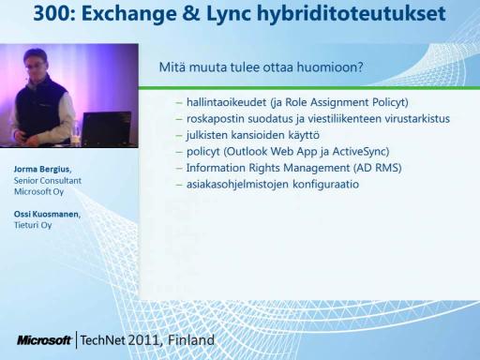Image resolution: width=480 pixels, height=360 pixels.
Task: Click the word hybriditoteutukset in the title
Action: [352, 15]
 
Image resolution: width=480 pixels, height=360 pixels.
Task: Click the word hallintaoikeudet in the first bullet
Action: [226, 102]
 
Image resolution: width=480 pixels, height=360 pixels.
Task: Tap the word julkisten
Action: [207, 135]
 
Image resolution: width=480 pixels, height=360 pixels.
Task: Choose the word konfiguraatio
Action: [325, 185]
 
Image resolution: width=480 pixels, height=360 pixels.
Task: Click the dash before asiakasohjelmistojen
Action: [179, 185]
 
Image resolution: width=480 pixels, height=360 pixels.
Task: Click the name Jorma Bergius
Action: [42, 170]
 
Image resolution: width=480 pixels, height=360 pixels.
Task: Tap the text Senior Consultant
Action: [48, 181]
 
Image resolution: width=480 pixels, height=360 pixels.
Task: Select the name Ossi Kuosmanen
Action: [47, 215]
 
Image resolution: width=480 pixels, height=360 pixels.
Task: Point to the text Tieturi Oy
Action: [33, 225]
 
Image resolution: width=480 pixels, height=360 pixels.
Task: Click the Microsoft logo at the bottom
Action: [44, 340]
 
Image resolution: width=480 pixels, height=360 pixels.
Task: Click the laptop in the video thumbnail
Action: [107, 128]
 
